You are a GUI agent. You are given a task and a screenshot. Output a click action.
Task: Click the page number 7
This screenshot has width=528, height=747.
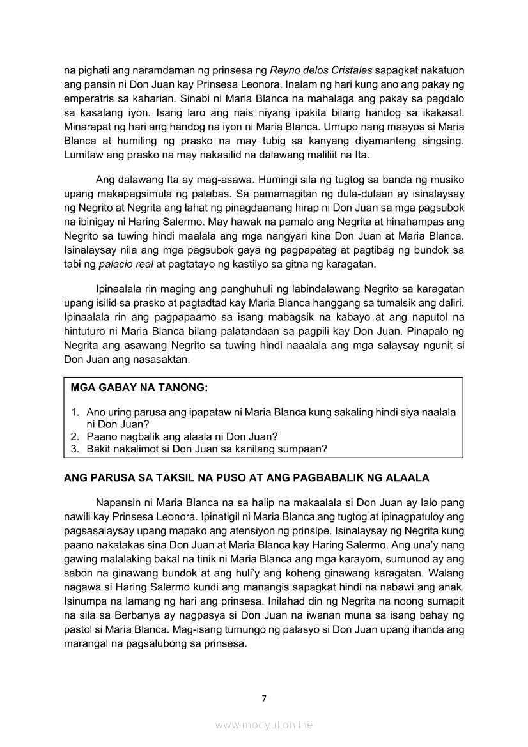tap(264, 698)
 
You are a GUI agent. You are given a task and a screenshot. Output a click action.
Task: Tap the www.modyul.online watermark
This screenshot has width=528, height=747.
tap(264, 725)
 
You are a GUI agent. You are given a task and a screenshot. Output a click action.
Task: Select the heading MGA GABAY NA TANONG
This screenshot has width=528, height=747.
tap(139, 388)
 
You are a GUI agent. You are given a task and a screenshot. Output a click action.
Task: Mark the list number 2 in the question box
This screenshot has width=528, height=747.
tap(75, 436)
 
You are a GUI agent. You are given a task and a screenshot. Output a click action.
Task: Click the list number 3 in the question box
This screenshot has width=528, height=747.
tap(75, 449)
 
